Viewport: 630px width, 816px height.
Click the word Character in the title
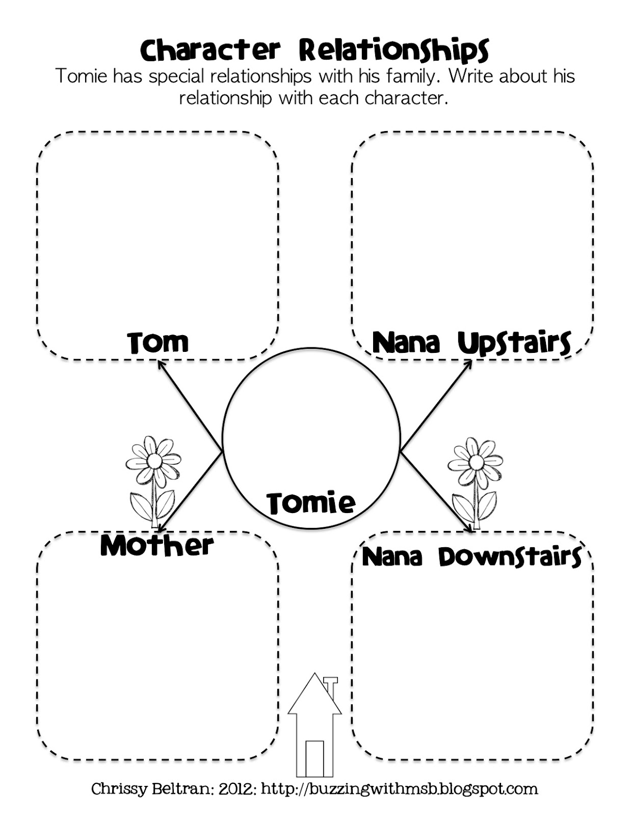(x=210, y=50)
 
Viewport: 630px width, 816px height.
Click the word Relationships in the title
(x=393, y=51)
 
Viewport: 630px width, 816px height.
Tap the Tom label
(x=158, y=342)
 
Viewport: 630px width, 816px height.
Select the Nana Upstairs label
(x=471, y=342)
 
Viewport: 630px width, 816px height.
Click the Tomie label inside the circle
(x=311, y=502)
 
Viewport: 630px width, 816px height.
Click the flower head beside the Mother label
(x=153, y=461)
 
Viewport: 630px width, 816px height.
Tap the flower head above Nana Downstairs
(x=476, y=462)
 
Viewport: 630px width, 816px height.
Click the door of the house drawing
(x=314, y=758)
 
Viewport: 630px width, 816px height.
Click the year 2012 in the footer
(x=237, y=789)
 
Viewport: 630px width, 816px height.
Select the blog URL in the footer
(x=400, y=789)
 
